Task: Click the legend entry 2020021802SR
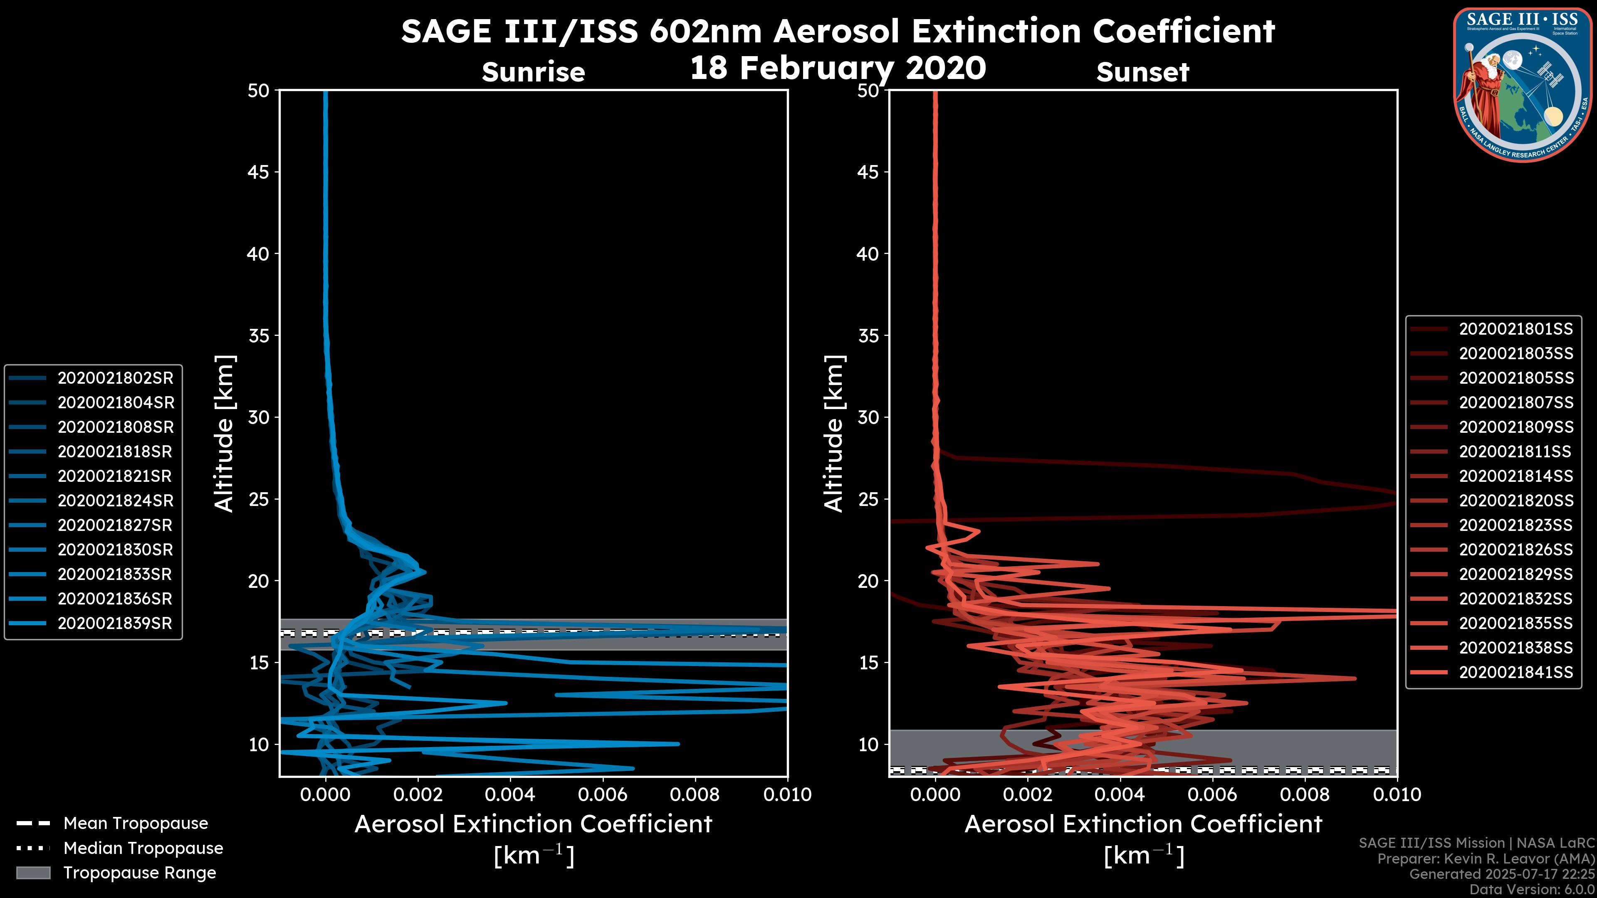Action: (x=115, y=378)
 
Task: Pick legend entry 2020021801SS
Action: (x=1516, y=329)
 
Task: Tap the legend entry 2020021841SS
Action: (x=1516, y=672)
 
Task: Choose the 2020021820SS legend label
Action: (x=1516, y=501)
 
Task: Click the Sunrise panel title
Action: (x=533, y=72)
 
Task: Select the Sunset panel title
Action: (x=1142, y=72)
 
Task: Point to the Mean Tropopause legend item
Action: (x=135, y=824)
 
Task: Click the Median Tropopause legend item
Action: (x=143, y=849)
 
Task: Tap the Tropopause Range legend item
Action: (x=139, y=873)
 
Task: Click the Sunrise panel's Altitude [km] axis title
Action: (x=225, y=434)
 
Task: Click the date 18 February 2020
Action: (x=838, y=68)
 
